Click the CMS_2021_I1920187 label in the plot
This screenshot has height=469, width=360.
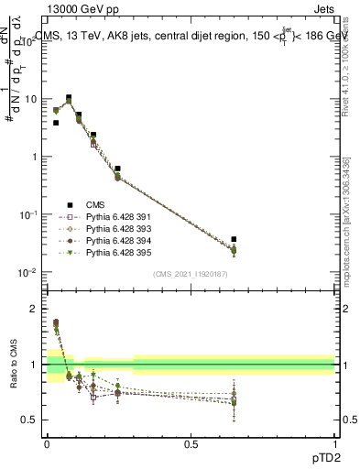(191, 274)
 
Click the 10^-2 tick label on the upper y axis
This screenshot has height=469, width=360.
(29, 272)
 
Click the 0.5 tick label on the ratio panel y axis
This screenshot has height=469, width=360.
(33, 420)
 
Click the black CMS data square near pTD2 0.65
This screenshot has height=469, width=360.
(234, 239)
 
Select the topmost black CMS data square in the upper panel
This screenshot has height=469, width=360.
(69, 97)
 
